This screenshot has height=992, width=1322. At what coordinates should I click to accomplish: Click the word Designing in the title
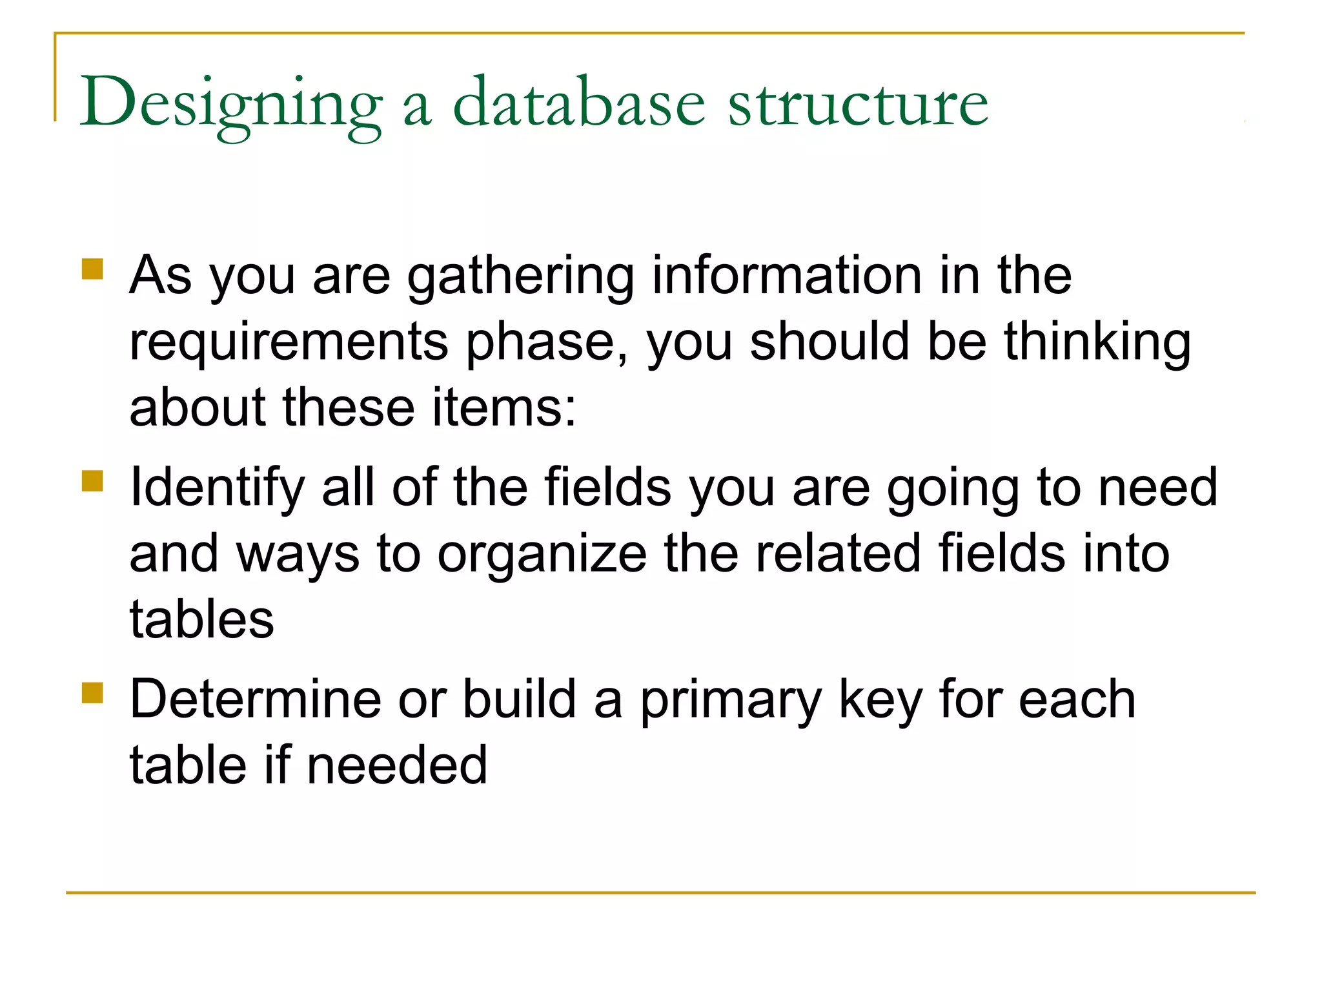[230, 103]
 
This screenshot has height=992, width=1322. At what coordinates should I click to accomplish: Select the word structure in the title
[858, 103]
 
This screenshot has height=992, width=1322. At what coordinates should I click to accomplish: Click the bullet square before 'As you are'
[93, 269]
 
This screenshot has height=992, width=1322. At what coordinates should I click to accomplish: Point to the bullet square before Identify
[93, 481]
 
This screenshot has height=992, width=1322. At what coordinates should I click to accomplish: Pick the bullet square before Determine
[93, 693]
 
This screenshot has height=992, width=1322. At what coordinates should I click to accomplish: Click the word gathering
[520, 276]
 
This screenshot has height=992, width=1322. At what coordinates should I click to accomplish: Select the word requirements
[289, 342]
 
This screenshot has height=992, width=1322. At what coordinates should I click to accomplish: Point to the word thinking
[1097, 342]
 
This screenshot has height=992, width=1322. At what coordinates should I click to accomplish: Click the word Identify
[217, 488]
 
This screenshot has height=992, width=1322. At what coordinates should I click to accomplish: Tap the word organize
[542, 554]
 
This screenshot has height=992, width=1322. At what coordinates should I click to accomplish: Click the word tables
[201, 620]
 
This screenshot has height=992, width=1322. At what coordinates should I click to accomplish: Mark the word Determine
[256, 699]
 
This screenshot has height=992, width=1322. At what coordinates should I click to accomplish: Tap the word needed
[396, 766]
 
